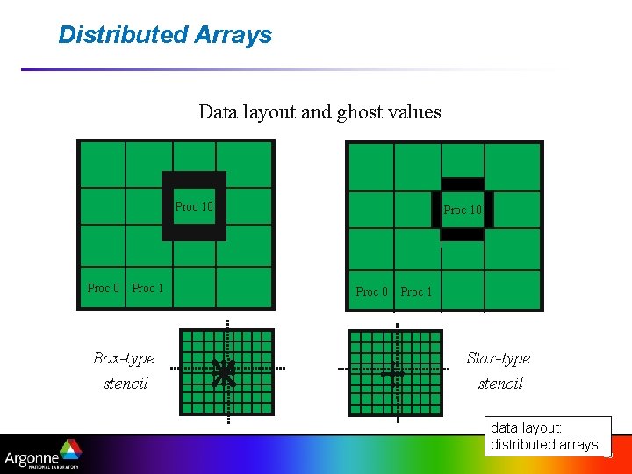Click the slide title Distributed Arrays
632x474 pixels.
coord(165,35)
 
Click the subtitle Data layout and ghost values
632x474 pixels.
coord(320,112)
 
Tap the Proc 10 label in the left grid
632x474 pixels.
coord(194,207)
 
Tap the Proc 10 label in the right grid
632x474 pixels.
coord(463,210)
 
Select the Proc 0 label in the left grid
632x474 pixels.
coord(103,288)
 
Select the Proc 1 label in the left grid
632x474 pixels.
coord(147,288)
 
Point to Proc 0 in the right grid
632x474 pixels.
coord(371,291)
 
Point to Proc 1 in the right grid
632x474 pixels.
coord(416,291)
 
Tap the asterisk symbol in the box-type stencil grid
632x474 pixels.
coord(225,373)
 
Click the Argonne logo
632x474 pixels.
coord(42,456)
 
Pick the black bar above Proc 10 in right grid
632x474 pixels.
coord(463,184)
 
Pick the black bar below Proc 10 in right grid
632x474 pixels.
coord(463,234)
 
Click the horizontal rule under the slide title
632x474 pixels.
coord(290,69)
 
